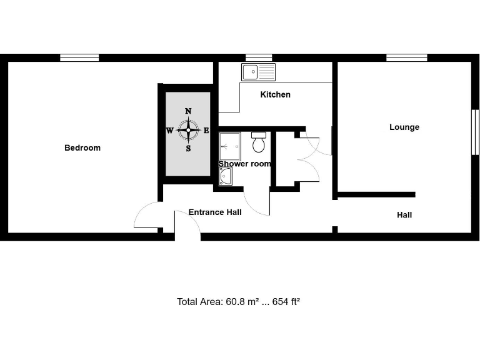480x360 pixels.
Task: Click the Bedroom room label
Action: (x=82, y=148)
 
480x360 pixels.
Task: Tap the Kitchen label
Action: (x=275, y=95)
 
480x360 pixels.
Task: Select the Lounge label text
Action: (x=404, y=127)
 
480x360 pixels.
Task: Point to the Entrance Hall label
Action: (x=215, y=212)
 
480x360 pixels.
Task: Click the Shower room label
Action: (x=244, y=164)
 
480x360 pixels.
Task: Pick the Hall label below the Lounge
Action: (x=404, y=215)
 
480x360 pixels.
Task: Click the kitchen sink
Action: (x=258, y=72)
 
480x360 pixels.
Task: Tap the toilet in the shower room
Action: (x=259, y=143)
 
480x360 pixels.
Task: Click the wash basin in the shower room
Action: (x=226, y=177)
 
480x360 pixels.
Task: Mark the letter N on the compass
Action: (x=188, y=111)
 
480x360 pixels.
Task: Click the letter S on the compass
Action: (x=188, y=149)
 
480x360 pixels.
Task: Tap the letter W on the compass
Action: (x=169, y=131)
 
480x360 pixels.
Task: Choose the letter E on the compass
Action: (x=207, y=131)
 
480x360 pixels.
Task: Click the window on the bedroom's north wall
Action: (x=79, y=58)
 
